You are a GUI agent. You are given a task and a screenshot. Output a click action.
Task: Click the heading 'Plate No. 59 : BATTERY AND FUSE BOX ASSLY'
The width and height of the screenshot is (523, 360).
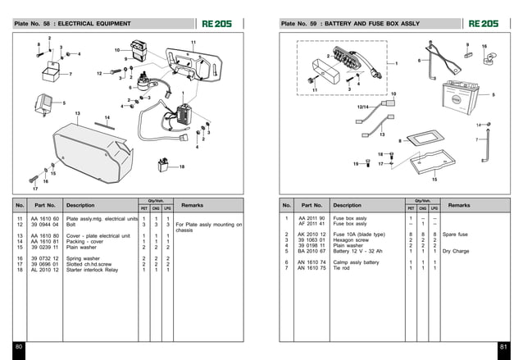tap(343, 25)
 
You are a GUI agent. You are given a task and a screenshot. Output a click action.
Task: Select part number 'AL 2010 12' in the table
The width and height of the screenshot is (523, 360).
tap(45, 269)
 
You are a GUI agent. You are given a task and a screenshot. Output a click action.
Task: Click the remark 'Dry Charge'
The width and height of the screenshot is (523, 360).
tap(455, 251)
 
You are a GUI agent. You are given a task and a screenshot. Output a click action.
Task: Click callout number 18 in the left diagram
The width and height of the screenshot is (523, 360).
tap(181, 167)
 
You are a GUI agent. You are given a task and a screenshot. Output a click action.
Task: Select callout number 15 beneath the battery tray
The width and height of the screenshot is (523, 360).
tap(434, 178)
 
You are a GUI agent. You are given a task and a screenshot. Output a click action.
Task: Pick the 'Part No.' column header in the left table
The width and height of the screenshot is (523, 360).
tap(45, 205)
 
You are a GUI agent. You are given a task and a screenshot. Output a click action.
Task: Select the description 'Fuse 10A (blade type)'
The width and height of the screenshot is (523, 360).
tap(359, 235)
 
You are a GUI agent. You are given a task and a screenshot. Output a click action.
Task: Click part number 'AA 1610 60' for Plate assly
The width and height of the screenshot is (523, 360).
tap(45, 219)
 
